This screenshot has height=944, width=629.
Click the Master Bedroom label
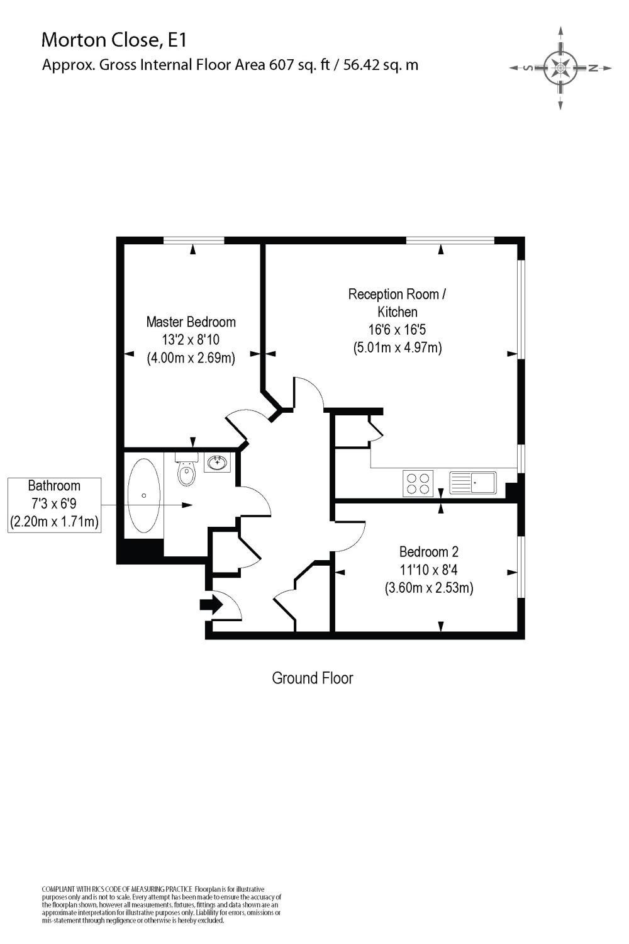(x=191, y=322)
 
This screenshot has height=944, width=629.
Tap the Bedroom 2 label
(x=429, y=552)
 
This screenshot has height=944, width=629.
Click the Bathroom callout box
(x=55, y=504)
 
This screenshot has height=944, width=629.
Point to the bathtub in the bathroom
(x=144, y=496)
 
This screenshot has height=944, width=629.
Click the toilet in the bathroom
(x=187, y=471)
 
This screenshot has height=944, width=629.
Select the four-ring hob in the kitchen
(x=418, y=483)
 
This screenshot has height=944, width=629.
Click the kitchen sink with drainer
(x=473, y=483)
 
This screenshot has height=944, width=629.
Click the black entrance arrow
(x=210, y=605)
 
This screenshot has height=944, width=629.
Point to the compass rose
(x=560, y=68)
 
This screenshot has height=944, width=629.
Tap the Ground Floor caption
(x=313, y=678)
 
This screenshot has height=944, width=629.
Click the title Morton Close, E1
(x=114, y=40)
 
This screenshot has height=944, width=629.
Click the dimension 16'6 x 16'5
(x=398, y=329)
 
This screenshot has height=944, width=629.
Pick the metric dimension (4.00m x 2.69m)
(x=191, y=359)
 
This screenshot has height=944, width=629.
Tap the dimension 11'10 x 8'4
(x=429, y=570)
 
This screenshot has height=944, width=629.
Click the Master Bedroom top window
(x=193, y=240)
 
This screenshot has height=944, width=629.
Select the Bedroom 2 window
(x=521, y=566)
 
